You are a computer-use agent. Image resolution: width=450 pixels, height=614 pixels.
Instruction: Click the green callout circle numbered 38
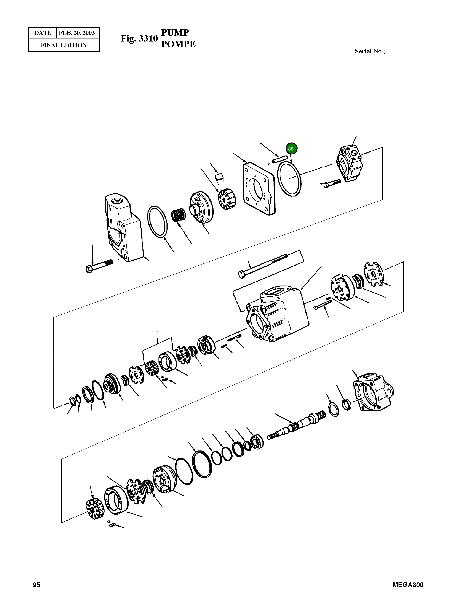pos(291,149)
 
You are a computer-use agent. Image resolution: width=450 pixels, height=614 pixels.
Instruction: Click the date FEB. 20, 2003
pos(77,33)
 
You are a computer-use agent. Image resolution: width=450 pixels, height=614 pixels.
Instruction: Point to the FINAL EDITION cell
pos(64,45)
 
